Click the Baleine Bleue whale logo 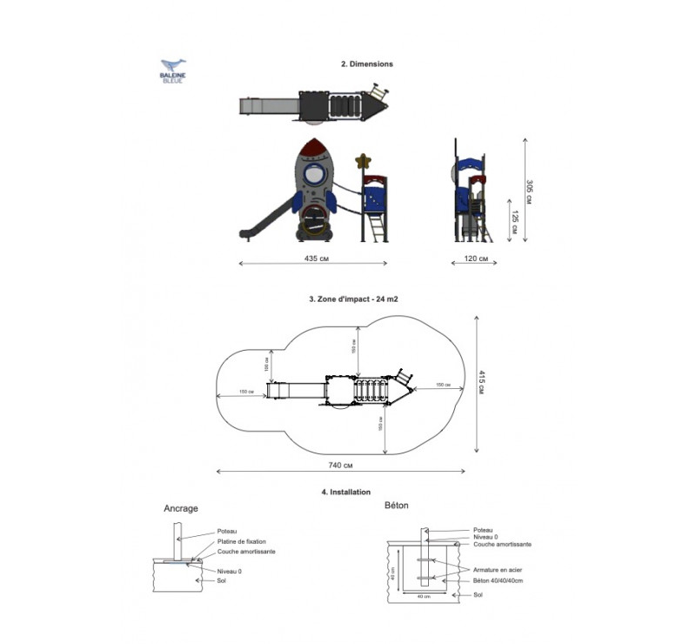pos(172,70)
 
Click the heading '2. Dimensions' pos(366,64)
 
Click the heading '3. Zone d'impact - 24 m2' pos(353,299)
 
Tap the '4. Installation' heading pos(346,493)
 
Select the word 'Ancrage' pos(181,508)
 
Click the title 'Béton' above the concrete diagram pos(396,505)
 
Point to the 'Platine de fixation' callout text pos(241,541)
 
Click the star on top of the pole pos(364,161)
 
